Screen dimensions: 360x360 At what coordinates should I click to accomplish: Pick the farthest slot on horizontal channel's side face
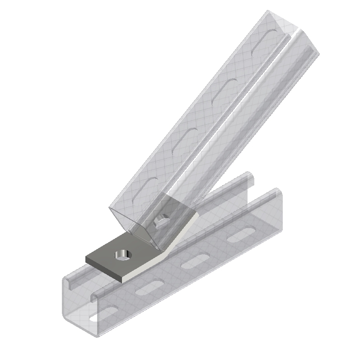click(x=239, y=236)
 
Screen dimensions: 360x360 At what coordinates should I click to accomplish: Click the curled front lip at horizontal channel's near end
click(x=95, y=296)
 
